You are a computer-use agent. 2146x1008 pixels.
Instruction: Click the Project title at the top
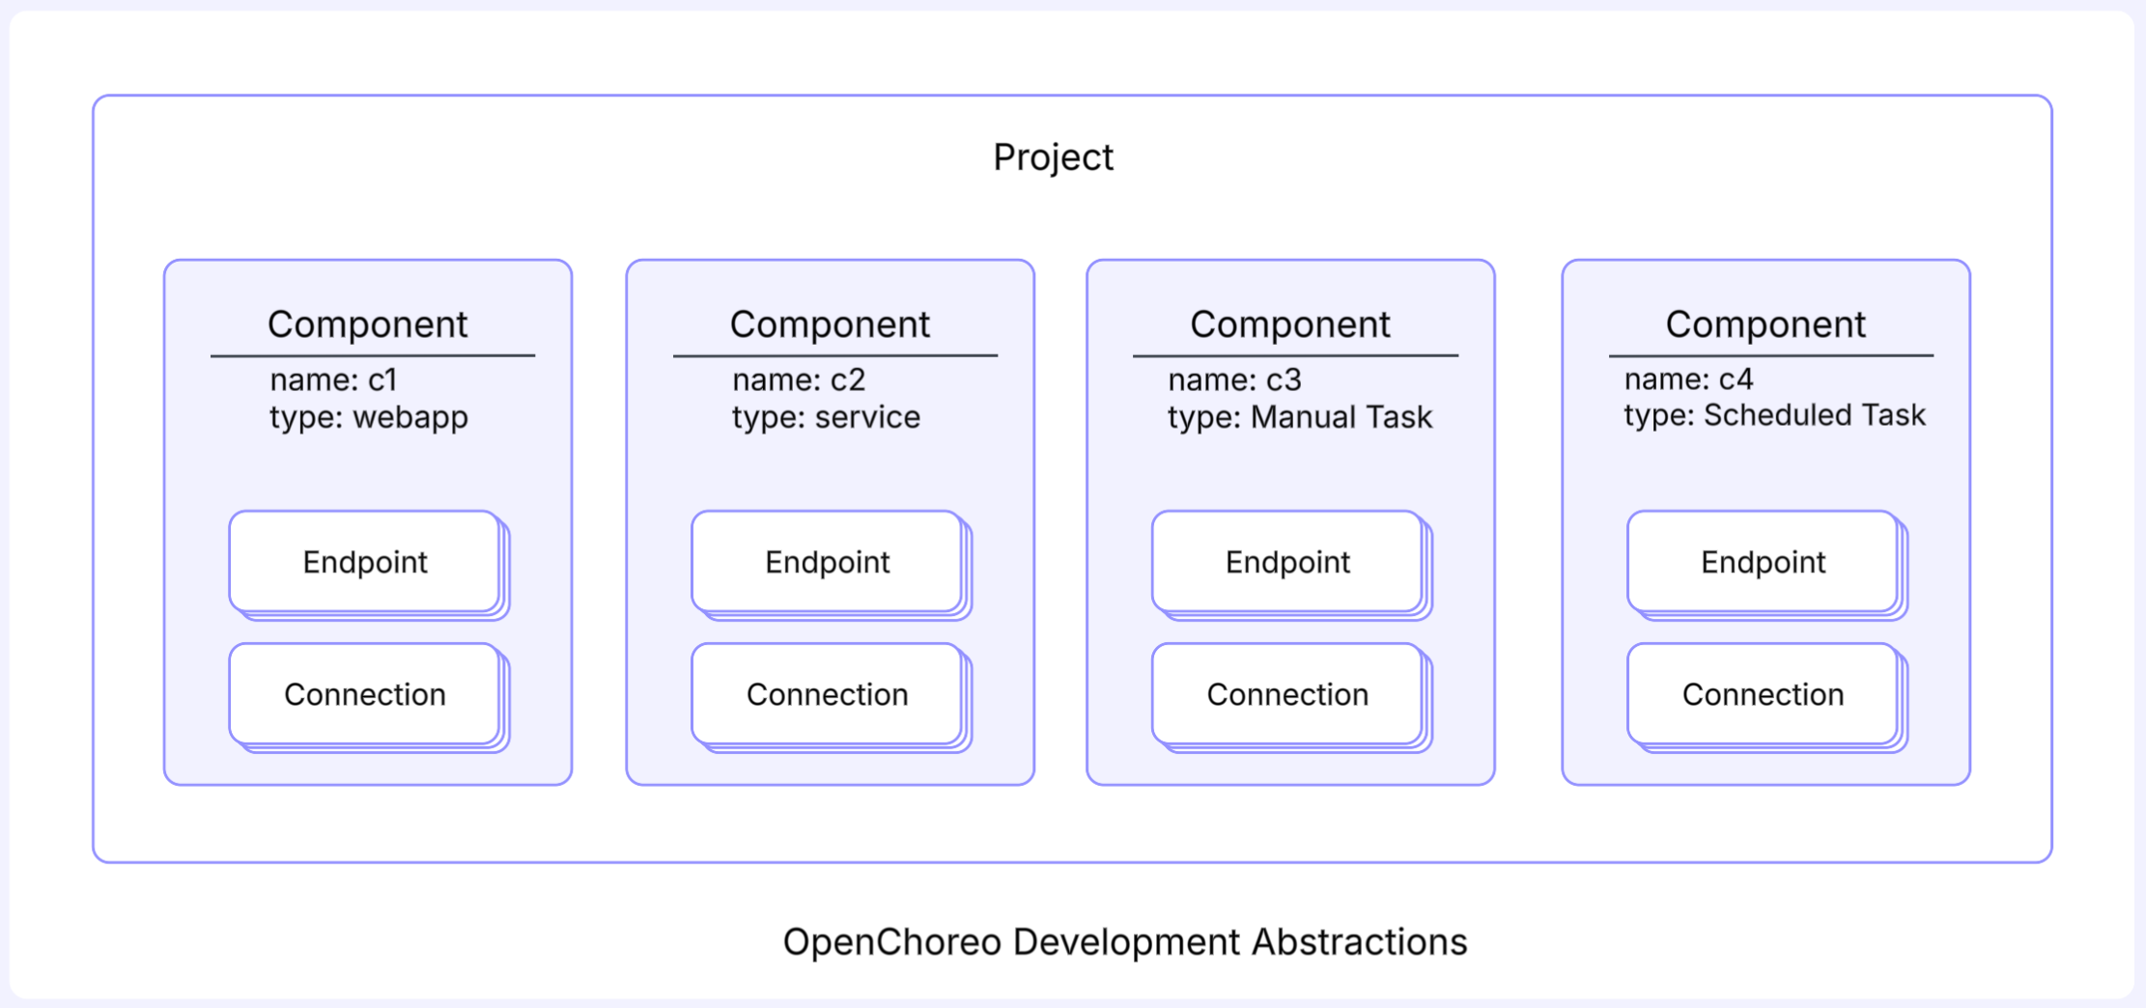1053,157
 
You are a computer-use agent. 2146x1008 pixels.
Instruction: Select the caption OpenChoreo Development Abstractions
1125,941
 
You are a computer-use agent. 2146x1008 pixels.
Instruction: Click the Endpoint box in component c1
365,562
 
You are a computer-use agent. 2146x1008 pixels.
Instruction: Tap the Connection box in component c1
365,694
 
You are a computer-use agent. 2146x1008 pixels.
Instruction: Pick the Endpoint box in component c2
828,562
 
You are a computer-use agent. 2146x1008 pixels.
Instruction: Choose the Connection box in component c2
828,694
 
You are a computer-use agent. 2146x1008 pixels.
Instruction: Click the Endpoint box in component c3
1287,562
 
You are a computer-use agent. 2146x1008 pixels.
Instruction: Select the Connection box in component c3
1287,694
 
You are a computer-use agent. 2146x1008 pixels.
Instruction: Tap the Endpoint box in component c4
1763,562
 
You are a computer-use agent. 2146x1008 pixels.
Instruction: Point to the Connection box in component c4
1763,694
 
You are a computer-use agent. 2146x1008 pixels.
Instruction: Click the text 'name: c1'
333,379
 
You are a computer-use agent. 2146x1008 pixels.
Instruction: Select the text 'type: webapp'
369,417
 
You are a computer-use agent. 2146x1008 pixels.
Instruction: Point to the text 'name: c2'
799,379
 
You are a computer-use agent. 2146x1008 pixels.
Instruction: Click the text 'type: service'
826,417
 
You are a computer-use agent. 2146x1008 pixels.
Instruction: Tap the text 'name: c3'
1234,379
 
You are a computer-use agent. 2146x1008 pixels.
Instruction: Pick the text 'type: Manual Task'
1300,417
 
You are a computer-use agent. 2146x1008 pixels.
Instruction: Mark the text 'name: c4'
1688,378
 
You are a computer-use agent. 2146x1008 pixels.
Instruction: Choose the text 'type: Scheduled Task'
1774,415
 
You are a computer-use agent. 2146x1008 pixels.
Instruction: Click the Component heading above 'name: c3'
1290,324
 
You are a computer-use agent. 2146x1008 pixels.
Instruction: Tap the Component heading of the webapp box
368,324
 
